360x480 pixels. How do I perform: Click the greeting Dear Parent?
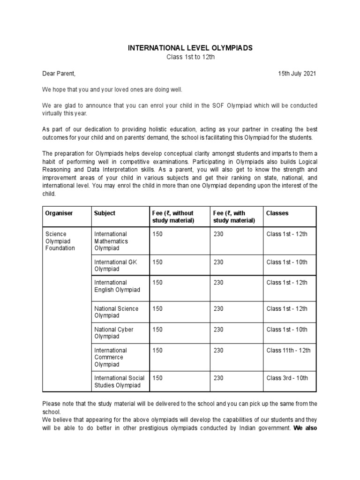point(59,74)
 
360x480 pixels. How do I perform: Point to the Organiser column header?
point(59,213)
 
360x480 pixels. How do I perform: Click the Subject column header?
point(105,213)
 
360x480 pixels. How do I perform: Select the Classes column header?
point(277,213)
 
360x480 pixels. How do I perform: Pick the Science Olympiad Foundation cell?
point(60,241)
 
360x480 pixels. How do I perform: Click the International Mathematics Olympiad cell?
point(111,241)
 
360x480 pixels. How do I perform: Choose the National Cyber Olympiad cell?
point(114,333)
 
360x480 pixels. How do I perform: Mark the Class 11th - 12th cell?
point(288,350)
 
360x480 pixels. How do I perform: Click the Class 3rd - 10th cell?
point(287,378)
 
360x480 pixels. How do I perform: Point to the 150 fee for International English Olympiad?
point(157,283)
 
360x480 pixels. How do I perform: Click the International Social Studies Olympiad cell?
point(120,382)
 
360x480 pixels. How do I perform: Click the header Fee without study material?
point(173,217)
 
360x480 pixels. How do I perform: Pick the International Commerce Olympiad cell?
point(111,357)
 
